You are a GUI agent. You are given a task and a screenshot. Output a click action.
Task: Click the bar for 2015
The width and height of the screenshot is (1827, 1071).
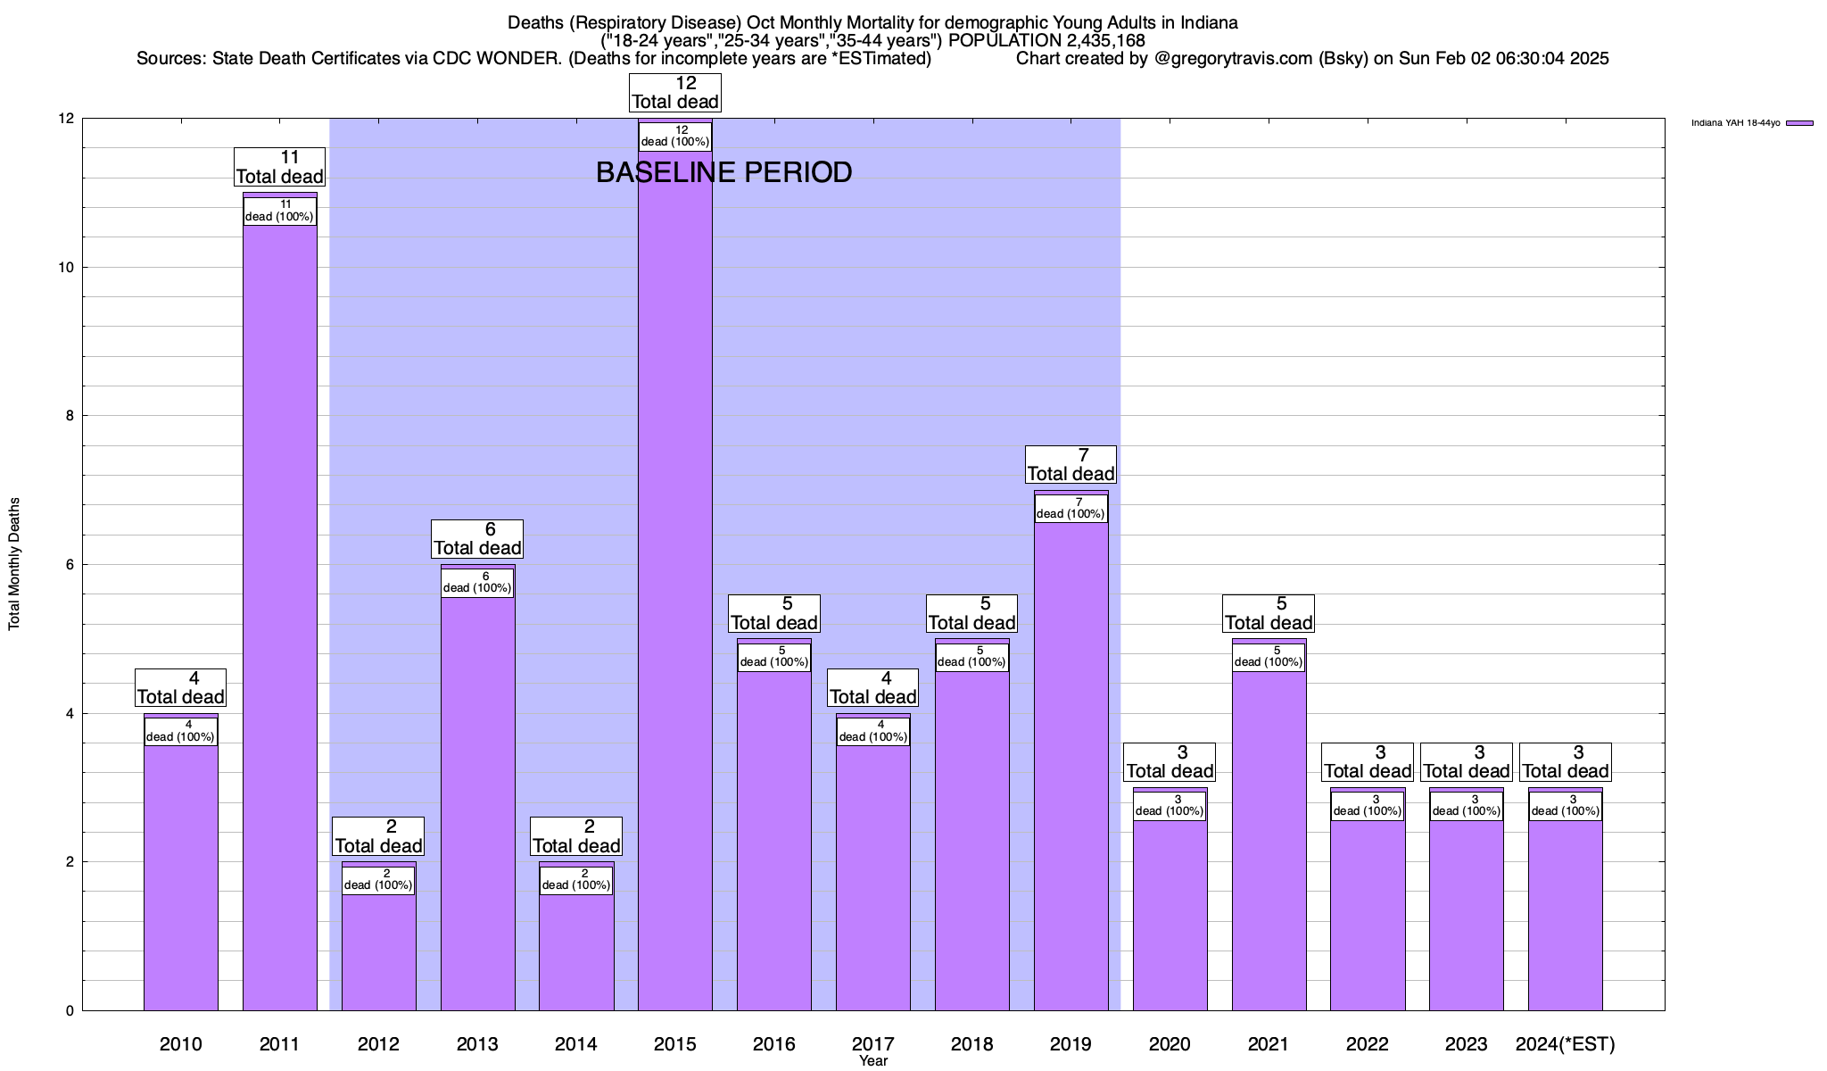[675, 580]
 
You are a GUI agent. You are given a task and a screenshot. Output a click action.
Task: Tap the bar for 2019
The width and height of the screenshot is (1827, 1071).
[1071, 768]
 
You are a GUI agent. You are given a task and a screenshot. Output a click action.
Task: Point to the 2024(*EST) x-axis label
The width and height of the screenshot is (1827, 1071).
[1566, 1043]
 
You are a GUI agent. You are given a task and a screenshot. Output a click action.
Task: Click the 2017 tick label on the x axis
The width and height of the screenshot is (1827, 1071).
[873, 1043]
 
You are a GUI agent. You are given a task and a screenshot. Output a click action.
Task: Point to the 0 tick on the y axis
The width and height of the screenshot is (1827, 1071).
[70, 1011]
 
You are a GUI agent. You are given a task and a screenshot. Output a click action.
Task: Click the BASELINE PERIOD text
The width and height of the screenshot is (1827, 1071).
[723, 172]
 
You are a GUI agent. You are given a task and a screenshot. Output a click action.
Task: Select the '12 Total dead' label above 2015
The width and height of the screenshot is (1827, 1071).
[675, 92]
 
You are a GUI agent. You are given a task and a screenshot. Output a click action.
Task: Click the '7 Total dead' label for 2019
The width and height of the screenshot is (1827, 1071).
[1071, 464]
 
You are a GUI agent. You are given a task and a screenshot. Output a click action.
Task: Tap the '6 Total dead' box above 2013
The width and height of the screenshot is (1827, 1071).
[477, 538]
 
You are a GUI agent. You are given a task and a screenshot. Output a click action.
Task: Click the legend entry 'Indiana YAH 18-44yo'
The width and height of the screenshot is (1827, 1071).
[1735, 123]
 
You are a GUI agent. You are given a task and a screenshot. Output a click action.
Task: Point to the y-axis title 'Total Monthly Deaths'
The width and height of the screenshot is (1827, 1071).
[14, 564]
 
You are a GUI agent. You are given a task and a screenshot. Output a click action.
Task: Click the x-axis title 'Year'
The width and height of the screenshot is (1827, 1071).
[873, 1061]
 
